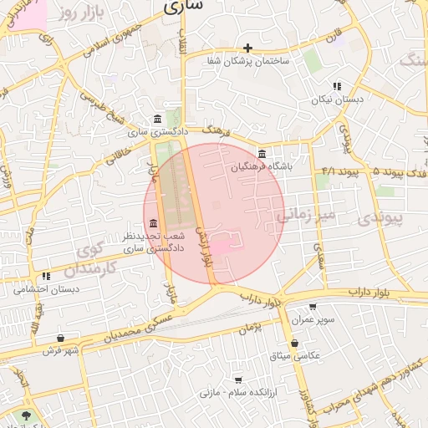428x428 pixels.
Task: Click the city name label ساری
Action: click(x=183, y=8)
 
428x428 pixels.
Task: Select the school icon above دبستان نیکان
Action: click(x=337, y=86)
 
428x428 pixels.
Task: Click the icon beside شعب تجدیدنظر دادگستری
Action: click(x=152, y=224)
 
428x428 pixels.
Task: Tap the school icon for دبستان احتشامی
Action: click(x=47, y=275)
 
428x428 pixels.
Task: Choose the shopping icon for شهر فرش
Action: click(x=59, y=338)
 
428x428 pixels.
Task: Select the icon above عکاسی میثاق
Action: click(x=294, y=344)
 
